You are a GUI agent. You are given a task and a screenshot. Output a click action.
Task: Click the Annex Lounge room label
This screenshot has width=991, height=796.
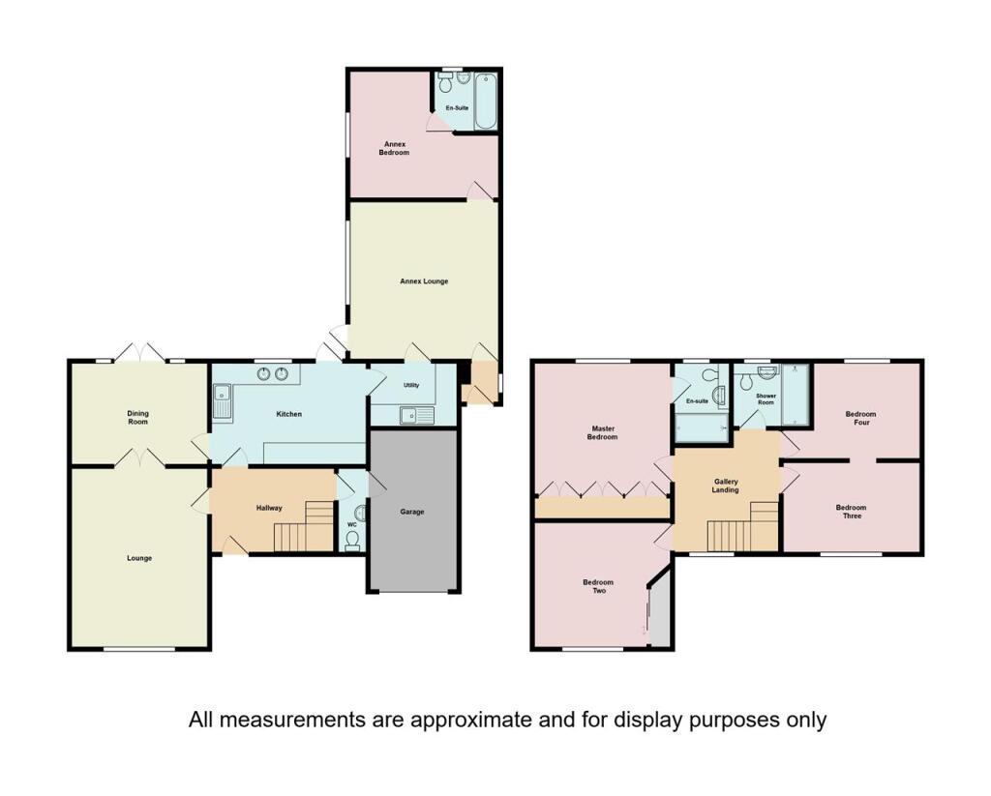424,281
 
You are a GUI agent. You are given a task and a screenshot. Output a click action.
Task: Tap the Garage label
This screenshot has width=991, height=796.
412,512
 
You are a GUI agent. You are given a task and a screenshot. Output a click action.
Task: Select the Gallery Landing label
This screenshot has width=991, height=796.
726,486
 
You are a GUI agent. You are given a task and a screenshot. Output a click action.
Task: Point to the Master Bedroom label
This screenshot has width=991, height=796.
602,432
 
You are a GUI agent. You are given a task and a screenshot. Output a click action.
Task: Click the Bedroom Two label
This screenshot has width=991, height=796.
598,586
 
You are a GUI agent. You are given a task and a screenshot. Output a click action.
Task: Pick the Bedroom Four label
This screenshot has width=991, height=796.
860,418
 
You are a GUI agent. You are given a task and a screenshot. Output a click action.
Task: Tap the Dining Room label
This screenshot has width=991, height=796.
137,418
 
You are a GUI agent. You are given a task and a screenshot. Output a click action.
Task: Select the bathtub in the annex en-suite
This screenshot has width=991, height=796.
486,102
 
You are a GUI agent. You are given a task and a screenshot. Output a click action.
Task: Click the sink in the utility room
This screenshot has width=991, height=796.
416,415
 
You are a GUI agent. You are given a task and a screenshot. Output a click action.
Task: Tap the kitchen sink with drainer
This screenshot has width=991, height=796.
224,401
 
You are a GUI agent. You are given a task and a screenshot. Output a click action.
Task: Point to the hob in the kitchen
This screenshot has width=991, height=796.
272,374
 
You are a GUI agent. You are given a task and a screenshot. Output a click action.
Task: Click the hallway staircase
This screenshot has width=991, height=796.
304,526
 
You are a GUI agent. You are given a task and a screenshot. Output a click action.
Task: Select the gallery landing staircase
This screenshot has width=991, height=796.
742,527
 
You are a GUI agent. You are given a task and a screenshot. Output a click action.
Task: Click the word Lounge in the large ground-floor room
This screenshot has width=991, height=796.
139,558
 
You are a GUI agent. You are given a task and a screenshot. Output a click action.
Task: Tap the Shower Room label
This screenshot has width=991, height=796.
766,399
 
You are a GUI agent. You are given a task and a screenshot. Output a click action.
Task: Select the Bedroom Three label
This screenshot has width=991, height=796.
851,511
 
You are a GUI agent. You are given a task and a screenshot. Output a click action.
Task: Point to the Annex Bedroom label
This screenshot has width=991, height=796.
394,148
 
